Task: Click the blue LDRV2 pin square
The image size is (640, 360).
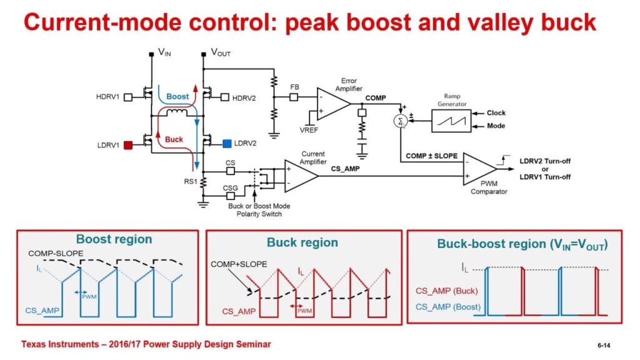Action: click(226, 144)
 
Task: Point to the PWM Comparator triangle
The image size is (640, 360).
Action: click(479, 169)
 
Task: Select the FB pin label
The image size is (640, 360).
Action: click(294, 87)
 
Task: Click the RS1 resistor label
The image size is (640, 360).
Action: click(189, 181)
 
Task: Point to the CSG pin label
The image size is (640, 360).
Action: click(231, 187)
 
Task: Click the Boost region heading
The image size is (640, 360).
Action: click(114, 239)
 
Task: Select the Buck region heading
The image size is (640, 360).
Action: click(302, 242)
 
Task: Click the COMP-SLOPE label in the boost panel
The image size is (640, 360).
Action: click(54, 253)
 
